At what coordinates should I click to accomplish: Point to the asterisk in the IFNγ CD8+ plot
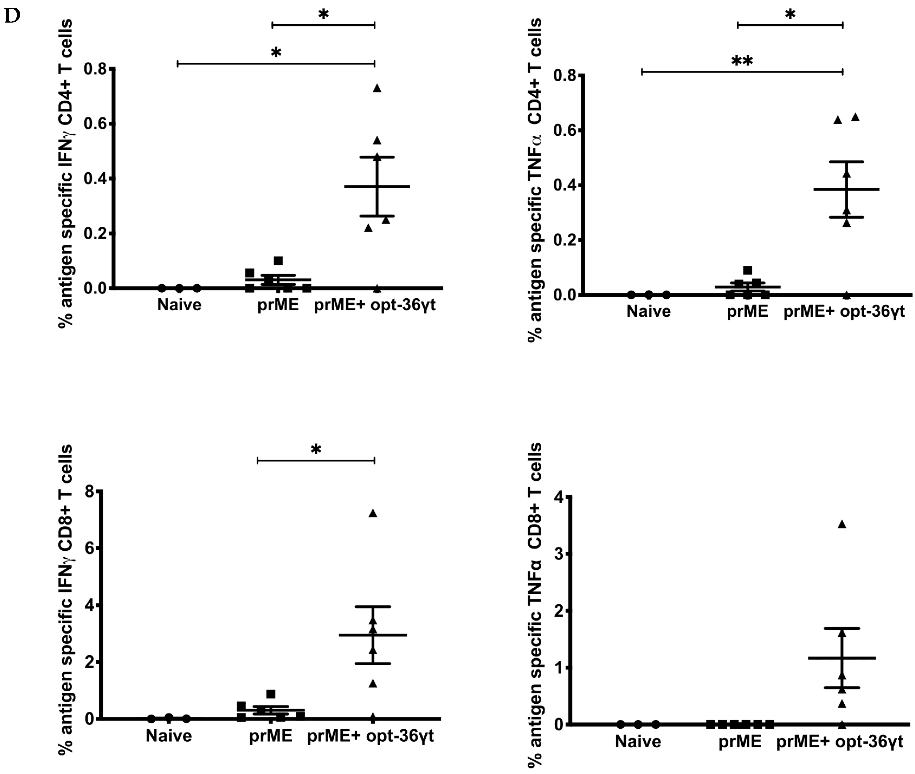click(316, 449)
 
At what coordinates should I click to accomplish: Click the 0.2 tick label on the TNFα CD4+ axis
click(565, 240)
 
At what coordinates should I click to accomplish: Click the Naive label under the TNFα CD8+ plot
click(638, 742)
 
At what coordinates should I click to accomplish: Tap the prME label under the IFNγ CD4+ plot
click(278, 304)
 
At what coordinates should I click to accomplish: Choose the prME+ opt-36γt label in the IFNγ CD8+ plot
click(370, 735)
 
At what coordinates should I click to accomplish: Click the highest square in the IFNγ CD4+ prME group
click(278, 261)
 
